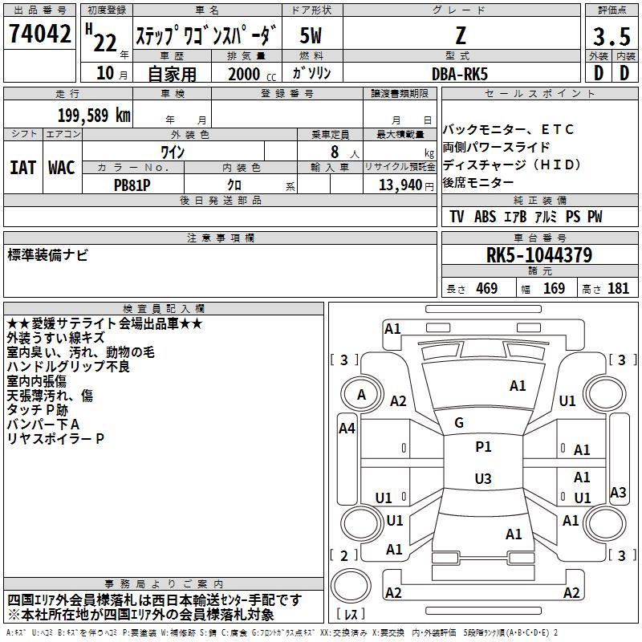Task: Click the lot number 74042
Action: [39, 34]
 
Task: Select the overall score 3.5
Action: [612, 36]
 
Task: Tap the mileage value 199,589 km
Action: [94, 115]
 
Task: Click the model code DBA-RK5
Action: [460, 74]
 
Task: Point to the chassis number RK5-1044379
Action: [539, 255]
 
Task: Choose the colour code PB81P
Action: [132, 185]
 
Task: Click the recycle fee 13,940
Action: [400, 185]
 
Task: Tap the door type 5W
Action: [311, 35]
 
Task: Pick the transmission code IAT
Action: [23, 168]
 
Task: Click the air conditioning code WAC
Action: [62, 168]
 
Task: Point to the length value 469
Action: [487, 288]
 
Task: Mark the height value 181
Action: [618, 288]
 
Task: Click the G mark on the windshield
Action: [459, 423]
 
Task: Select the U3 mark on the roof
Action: [483, 478]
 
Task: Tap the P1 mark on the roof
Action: [483, 447]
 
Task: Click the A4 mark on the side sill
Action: [347, 429]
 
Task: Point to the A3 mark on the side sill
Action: [618, 492]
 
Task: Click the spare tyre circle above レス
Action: [351, 586]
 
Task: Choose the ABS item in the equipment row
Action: [485, 217]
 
